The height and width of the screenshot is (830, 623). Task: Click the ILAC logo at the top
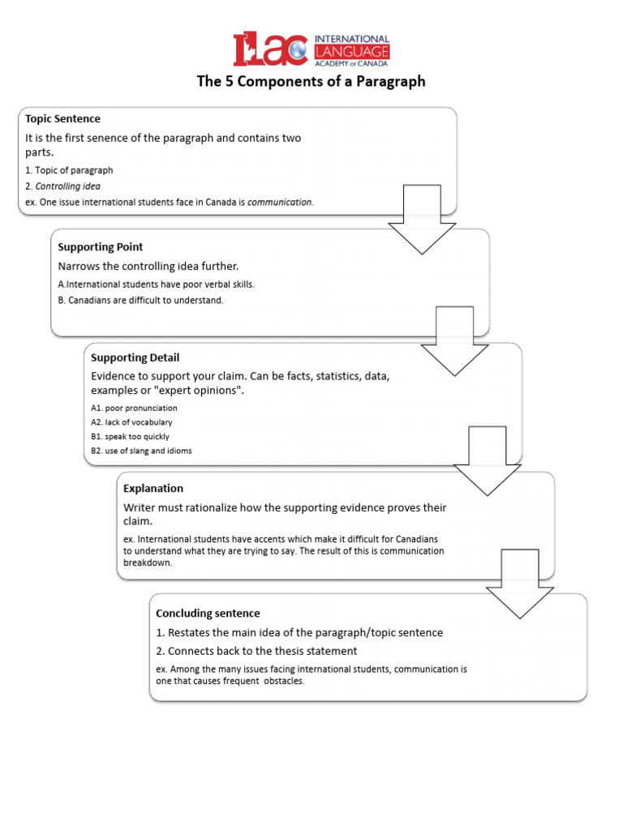point(311,49)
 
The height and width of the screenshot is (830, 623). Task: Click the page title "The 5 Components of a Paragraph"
point(311,82)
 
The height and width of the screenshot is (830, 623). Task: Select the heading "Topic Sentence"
point(63,119)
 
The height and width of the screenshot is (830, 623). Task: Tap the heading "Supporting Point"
point(101,246)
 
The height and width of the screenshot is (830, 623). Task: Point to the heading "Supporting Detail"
point(135,357)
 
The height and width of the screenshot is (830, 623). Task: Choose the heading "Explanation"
point(153,488)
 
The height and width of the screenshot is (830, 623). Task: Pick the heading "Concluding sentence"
point(208,613)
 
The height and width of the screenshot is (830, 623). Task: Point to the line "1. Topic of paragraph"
point(69,170)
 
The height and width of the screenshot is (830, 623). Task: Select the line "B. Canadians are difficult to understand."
point(140,300)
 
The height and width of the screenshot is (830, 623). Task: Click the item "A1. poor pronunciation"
point(134,408)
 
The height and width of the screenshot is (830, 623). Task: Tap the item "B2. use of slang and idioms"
point(141,451)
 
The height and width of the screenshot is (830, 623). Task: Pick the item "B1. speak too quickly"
point(130,436)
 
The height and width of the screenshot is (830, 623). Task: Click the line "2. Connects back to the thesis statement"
point(256,651)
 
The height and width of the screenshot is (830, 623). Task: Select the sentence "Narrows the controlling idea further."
point(148,266)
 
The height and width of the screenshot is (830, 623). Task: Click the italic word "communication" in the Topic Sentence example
point(280,202)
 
